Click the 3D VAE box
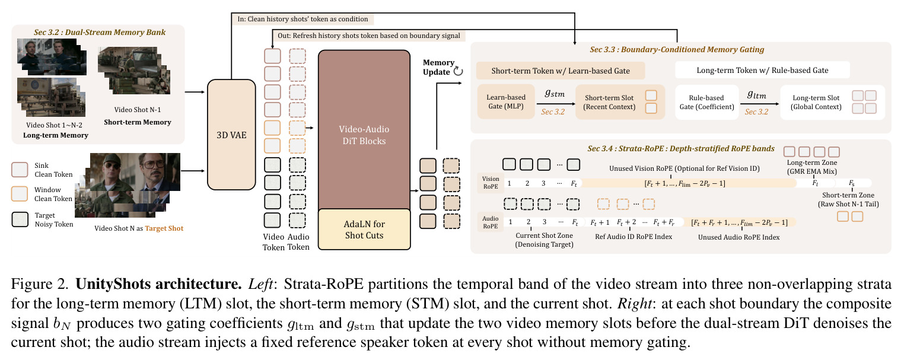[231, 135]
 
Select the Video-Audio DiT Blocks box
[364, 129]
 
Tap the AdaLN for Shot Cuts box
[364, 230]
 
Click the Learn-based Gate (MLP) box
[506, 102]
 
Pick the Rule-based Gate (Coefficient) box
[706, 102]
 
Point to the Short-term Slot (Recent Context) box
[620, 102]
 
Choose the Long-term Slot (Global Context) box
[832, 102]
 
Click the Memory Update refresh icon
[458, 72]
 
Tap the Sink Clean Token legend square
[20, 170]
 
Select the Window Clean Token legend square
[20, 194]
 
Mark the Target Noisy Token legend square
[20, 219]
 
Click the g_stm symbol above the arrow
[555, 94]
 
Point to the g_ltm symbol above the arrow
[757, 94]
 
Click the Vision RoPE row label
[491, 183]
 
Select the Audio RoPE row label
[491, 222]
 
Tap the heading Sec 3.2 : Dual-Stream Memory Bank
[99, 32]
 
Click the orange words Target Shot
[164, 228]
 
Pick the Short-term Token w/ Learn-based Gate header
[561, 71]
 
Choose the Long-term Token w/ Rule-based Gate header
[762, 70]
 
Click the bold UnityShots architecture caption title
[158, 284]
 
